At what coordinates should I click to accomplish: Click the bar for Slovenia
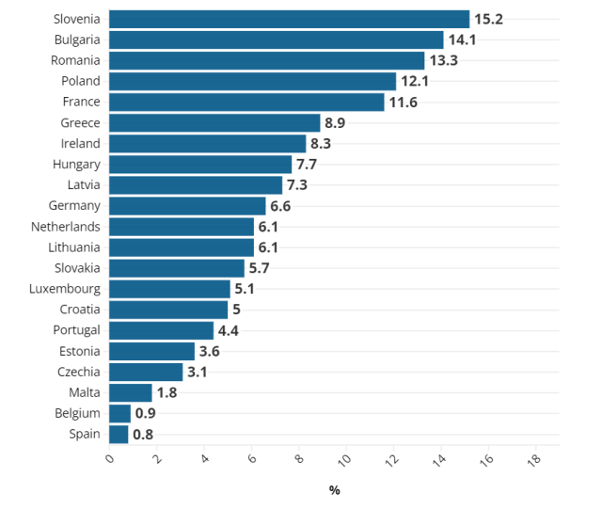tap(289, 19)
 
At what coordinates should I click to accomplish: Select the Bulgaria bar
tap(276, 40)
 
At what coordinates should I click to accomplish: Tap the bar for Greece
tap(214, 123)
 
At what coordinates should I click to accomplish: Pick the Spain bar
tap(119, 435)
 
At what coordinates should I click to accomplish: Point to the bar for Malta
tap(130, 393)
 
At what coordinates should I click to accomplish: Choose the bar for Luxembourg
tap(169, 289)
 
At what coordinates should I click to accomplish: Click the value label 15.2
tap(488, 19)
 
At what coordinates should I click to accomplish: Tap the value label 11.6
tap(404, 103)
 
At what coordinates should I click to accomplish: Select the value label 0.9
tap(146, 414)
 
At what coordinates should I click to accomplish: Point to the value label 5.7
tap(260, 268)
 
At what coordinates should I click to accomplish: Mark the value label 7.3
tap(297, 185)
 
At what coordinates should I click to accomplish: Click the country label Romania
tap(75, 60)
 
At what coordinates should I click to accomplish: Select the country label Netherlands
tap(65, 227)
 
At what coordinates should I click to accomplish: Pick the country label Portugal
tap(75, 330)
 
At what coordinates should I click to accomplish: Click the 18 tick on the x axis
tap(533, 459)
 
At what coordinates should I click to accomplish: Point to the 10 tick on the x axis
tap(343, 460)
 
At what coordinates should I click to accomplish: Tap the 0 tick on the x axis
tap(109, 458)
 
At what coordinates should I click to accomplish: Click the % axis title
tap(334, 490)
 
